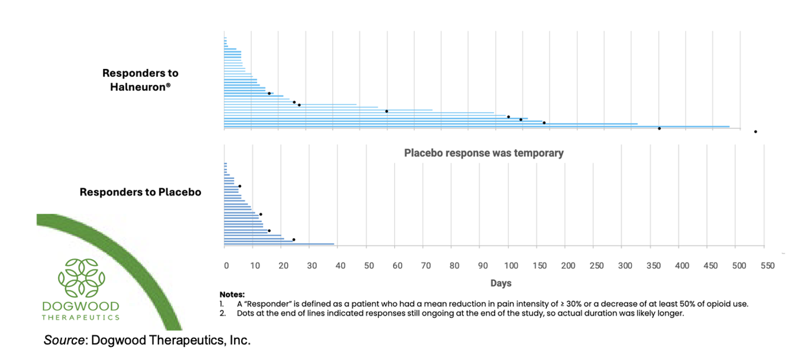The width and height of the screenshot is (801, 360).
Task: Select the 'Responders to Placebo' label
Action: [x=140, y=193]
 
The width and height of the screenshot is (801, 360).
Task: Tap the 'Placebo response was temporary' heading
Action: [x=484, y=153]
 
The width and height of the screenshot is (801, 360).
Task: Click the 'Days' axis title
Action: [x=500, y=283]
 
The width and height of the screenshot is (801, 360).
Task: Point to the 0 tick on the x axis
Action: [x=226, y=265]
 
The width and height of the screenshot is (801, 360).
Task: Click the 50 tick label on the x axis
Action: [x=369, y=265]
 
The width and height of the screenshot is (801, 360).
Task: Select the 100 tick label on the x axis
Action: [x=511, y=265]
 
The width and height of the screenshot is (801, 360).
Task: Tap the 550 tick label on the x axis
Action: [x=767, y=265]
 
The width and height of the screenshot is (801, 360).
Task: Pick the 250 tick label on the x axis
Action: [x=596, y=265]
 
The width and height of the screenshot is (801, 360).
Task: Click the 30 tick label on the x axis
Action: [x=312, y=265]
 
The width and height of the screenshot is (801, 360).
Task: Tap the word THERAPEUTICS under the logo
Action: [x=80, y=317]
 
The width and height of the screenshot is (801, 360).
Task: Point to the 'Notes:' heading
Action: [x=232, y=295]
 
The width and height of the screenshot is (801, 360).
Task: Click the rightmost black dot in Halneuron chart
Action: [x=755, y=132]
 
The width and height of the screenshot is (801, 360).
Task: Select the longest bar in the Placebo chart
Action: [x=279, y=244]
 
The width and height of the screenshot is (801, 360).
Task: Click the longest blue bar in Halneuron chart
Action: [x=476, y=126]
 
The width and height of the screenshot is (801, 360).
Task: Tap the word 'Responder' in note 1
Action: [x=257, y=304]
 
